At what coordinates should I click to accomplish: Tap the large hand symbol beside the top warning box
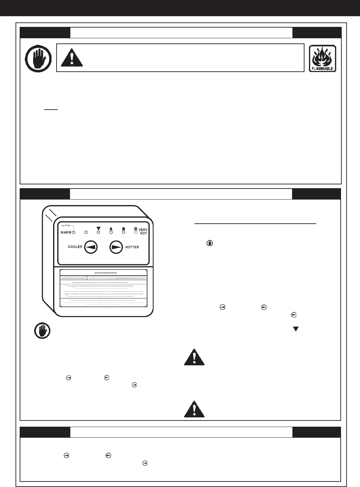[38, 58]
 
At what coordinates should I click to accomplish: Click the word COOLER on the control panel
[75, 247]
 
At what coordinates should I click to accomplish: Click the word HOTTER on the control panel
[132, 247]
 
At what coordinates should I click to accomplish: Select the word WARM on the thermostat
[66, 233]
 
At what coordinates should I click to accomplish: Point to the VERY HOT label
[143, 232]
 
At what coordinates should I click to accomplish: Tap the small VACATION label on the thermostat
[66, 226]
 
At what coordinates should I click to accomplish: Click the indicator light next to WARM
[73, 233]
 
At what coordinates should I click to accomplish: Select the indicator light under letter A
[111, 233]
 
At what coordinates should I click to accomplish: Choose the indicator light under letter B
[123, 233]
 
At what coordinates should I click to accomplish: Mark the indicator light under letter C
[136, 233]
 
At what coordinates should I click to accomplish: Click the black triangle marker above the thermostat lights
[98, 228]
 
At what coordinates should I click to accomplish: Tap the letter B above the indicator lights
[123, 228]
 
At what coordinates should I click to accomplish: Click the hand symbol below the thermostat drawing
[42, 331]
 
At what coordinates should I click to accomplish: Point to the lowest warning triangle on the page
[194, 409]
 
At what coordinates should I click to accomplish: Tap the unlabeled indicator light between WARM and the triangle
[86, 233]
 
